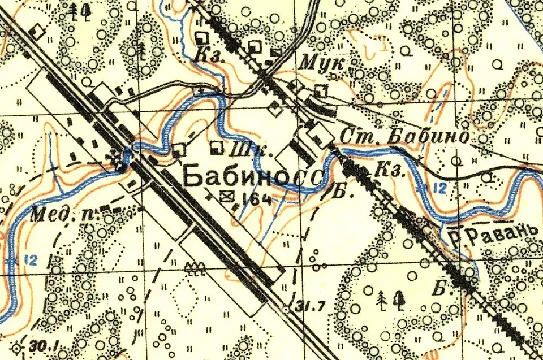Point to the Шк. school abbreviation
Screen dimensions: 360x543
point(245,150)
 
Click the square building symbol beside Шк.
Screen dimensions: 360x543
point(216,149)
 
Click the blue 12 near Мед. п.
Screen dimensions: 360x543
point(32,259)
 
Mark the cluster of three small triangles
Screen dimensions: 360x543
point(195,267)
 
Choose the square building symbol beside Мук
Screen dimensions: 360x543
point(321,89)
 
